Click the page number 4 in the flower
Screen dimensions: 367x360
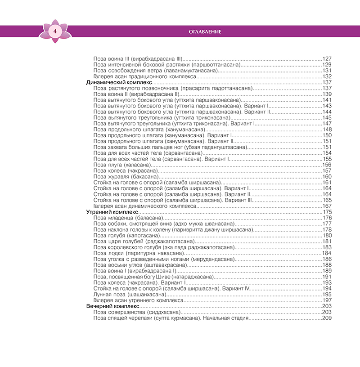point(54,31)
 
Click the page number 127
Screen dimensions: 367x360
point(327,59)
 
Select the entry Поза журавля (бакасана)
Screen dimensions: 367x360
point(125,176)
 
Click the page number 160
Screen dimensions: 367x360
point(327,176)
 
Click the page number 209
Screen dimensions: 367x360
point(327,318)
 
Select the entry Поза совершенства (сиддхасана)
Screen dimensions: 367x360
point(137,312)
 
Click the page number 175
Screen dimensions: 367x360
point(327,212)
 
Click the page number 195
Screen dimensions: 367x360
point(327,294)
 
